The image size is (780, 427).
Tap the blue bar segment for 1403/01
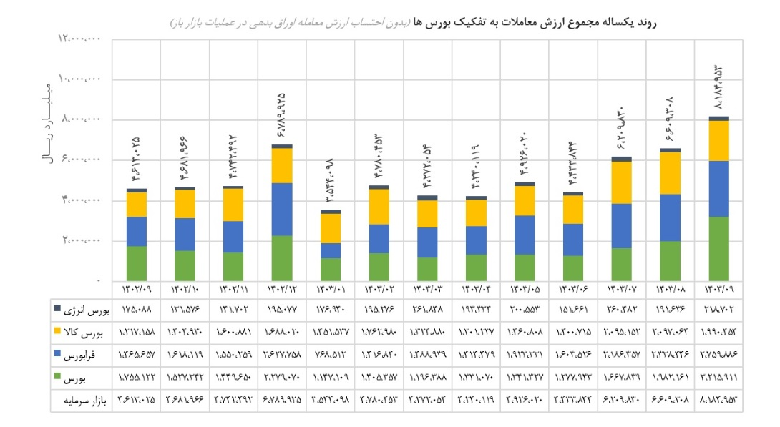pos(331,250)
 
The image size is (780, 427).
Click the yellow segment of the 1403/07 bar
pos(622,182)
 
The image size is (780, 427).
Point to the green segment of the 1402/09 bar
pos(137,263)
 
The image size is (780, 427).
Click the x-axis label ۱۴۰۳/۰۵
pos(525,289)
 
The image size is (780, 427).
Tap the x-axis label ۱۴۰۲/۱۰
pos(185,289)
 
